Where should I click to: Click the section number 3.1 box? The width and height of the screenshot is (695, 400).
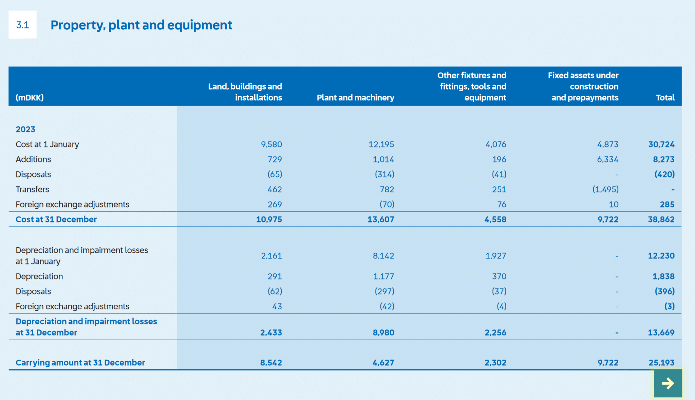pyautogui.click(x=22, y=24)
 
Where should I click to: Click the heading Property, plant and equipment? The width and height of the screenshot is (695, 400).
pyautogui.click(x=141, y=25)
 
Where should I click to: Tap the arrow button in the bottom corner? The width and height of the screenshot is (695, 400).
pyautogui.click(x=668, y=383)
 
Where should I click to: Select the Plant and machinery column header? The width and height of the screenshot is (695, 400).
pyautogui.click(x=355, y=98)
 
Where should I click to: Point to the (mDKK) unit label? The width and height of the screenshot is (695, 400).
pyautogui.click(x=30, y=98)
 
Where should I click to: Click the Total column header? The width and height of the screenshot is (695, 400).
pyautogui.click(x=665, y=98)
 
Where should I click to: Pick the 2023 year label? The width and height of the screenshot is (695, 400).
pyautogui.click(x=25, y=129)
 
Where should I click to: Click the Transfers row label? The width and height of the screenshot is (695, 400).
pyautogui.click(x=32, y=189)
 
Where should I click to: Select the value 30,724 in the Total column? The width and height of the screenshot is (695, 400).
pyautogui.click(x=661, y=145)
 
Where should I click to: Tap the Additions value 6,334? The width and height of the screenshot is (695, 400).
pyautogui.click(x=607, y=159)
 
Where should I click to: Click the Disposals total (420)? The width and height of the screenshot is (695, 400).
pyautogui.click(x=664, y=174)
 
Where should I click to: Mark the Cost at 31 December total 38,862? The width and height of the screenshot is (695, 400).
pyautogui.click(x=661, y=220)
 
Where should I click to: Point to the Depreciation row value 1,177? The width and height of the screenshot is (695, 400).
pyautogui.click(x=383, y=277)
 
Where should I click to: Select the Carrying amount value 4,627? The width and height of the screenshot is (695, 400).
pyautogui.click(x=383, y=363)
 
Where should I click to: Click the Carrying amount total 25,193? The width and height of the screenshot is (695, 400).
pyautogui.click(x=661, y=363)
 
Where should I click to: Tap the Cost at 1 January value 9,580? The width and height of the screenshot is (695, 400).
pyautogui.click(x=271, y=145)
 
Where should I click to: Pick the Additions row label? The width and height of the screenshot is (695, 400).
pyautogui.click(x=33, y=159)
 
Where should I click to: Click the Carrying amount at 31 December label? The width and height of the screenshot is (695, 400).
pyautogui.click(x=80, y=363)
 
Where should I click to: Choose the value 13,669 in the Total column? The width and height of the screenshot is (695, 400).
pyautogui.click(x=661, y=332)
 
